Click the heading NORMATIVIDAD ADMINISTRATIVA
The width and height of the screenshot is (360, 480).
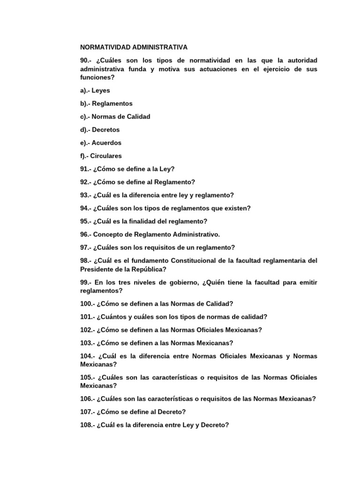click(134, 47)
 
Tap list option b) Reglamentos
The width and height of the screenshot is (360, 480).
click(106, 104)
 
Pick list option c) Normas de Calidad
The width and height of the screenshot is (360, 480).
click(115, 117)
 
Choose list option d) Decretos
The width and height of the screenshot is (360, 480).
click(100, 130)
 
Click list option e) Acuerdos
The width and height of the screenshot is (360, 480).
click(101, 143)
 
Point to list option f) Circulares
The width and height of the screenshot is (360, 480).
click(102, 156)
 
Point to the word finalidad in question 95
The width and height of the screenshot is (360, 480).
click(157, 221)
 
